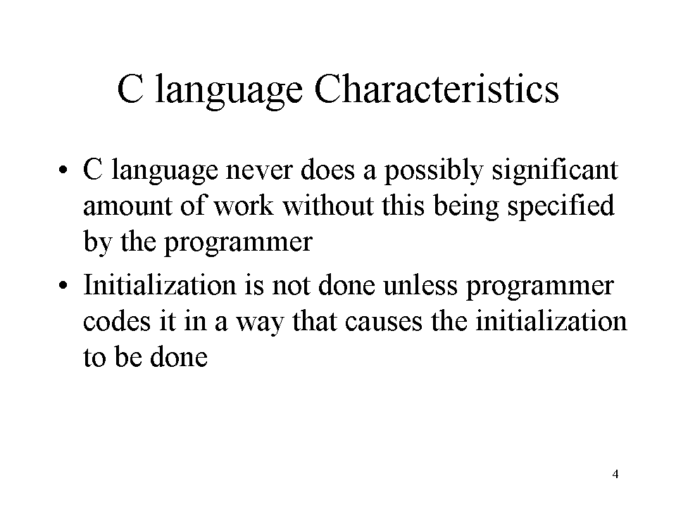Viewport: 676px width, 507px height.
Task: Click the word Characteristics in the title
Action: click(437, 89)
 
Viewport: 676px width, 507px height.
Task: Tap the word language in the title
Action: click(228, 92)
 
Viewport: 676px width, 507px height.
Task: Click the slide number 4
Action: click(615, 474)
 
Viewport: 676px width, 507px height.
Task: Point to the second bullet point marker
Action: click(63, 285)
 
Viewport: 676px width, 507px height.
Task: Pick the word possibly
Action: click(434, 171)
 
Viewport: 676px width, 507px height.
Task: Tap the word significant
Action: click(555, 171)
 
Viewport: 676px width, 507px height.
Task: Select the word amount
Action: click(128, 207)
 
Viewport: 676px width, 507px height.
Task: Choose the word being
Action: click(465, 207)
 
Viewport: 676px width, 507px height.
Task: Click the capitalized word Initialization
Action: click(160, 284)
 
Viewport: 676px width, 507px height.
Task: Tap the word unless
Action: click(420, 284)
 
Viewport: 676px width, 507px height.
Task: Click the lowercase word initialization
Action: click(551, 321)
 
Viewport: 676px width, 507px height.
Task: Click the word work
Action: click(244, 205)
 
